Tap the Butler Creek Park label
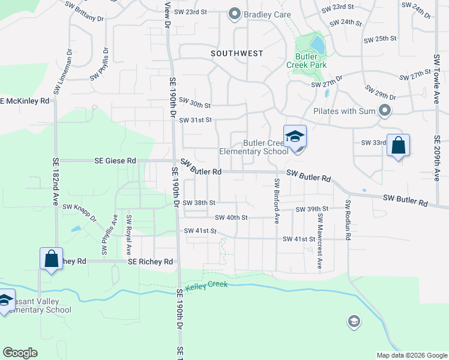[310, 60]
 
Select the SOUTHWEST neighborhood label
[237, 53]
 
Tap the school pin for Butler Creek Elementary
[295, 137]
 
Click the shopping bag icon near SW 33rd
[398, 146]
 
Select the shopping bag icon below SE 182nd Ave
[51, 259]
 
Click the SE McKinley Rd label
[25, 101]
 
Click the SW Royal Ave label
[128, 233]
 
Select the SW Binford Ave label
[277, 200]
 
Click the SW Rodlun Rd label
[347, 220]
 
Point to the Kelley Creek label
[206, 288]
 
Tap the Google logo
[20, 353]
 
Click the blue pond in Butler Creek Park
[317, 44]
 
